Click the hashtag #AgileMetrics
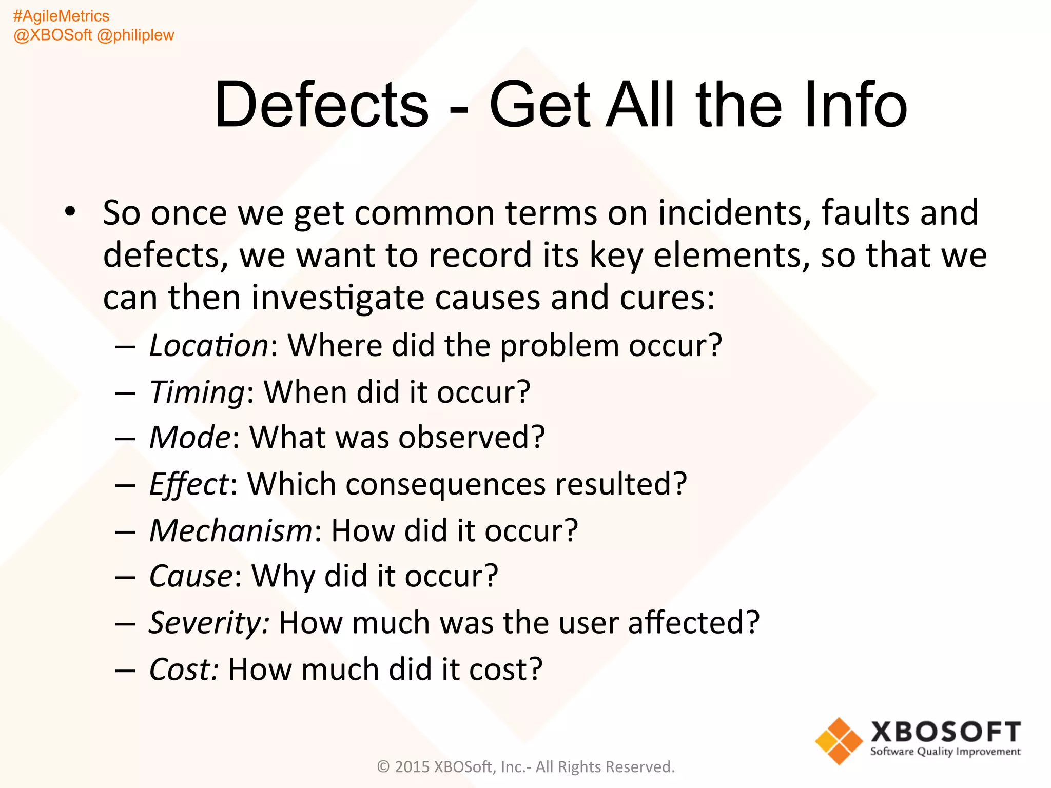(x=61, y=16)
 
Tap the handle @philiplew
(x=135, y=35)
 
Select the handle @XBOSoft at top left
(x=53, y=35)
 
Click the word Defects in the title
(x=321, y=105)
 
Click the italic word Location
(x=208, y=345)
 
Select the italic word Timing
(x=197, y=393)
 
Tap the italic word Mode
(x=190, y=438)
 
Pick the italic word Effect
(x=188, y=484)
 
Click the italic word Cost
(x=182, y=669)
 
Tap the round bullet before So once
(x=70, y=211)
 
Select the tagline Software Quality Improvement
(x=945, y=752)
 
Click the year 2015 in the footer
(x=412, y=767)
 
